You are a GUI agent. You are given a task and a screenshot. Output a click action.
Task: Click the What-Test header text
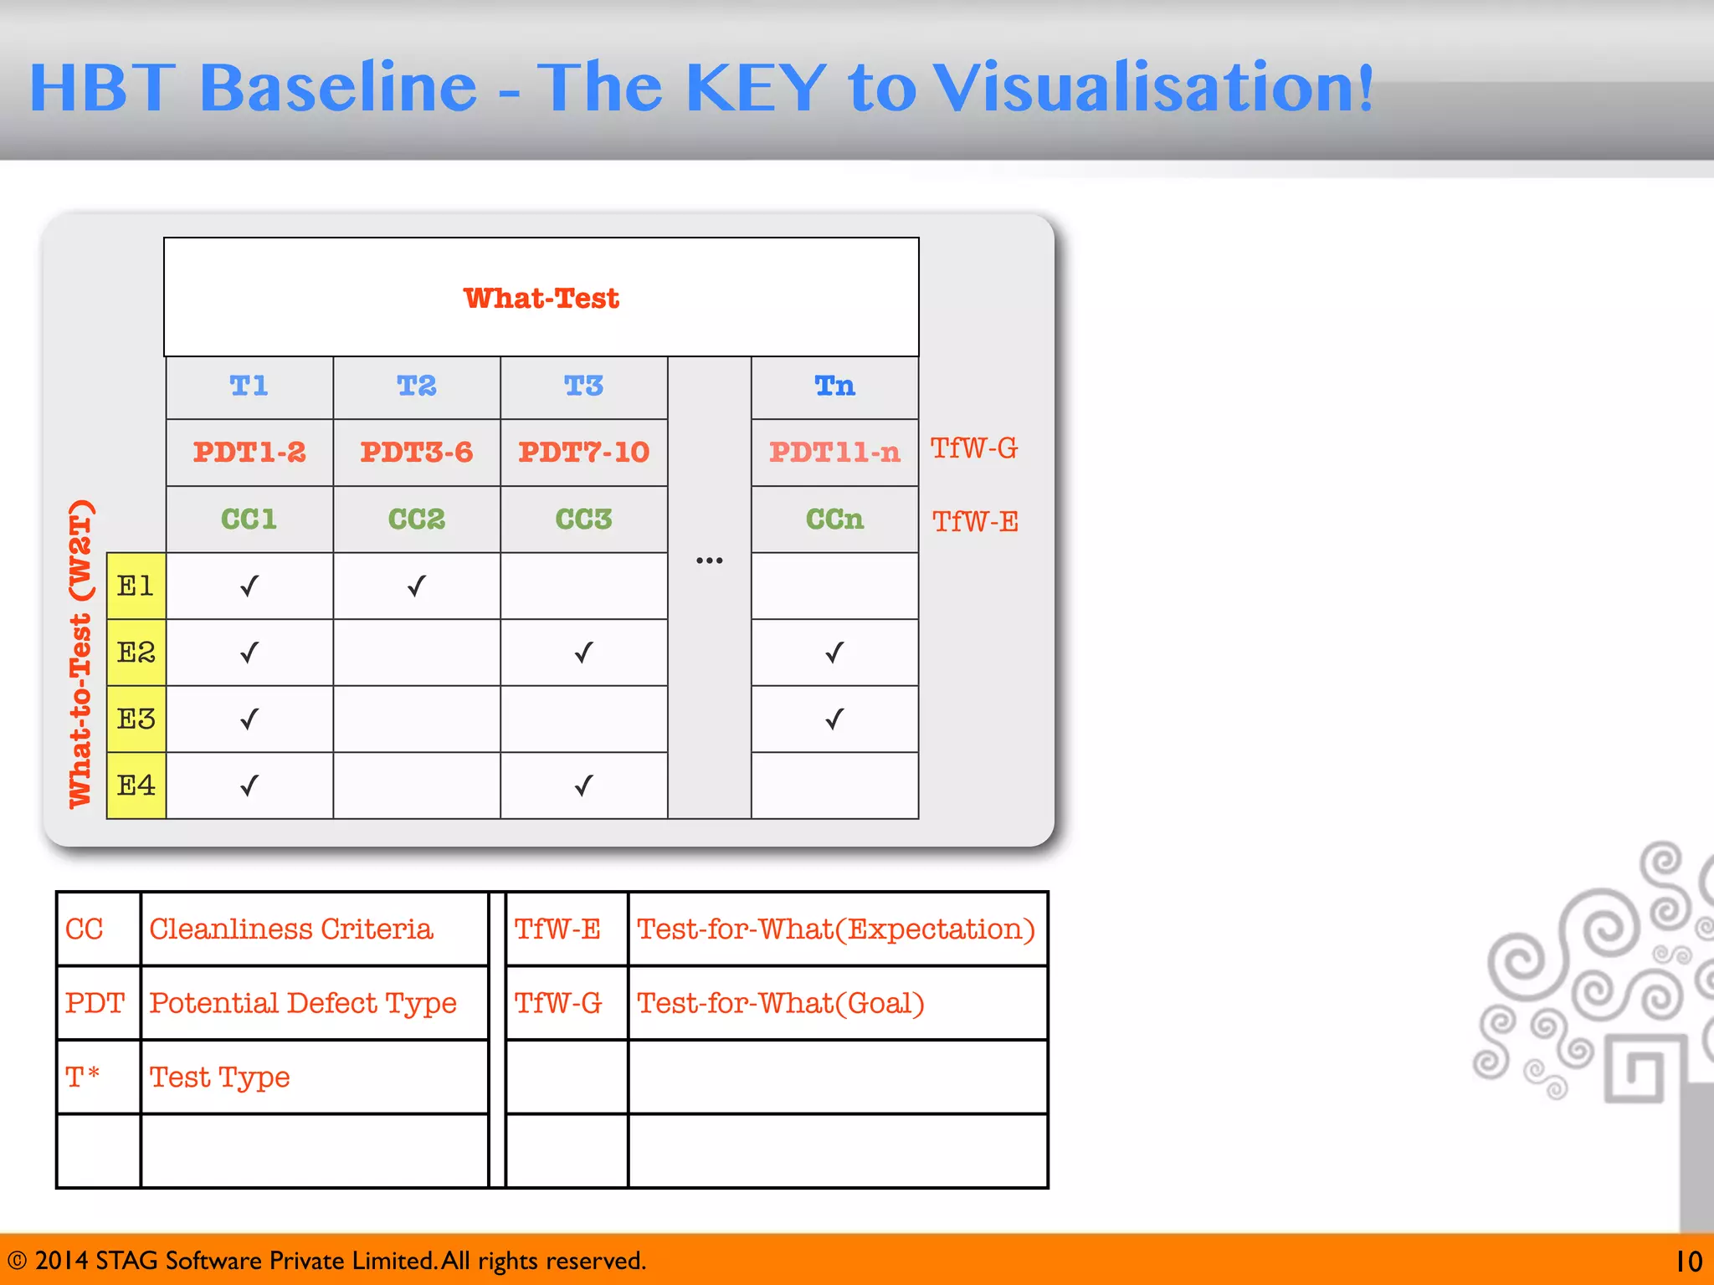(541, 298)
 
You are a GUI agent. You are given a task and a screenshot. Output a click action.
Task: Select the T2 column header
(416, 386)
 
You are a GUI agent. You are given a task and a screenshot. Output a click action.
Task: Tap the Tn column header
(834, 386)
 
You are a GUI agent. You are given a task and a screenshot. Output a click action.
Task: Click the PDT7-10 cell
(583, 452)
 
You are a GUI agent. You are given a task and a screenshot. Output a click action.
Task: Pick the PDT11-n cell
(834, 452)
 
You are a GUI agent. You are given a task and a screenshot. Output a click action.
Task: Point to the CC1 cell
(249, 519)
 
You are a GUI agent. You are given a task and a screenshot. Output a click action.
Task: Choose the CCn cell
(834, 519)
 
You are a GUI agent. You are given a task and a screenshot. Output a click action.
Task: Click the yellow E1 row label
(136, 586)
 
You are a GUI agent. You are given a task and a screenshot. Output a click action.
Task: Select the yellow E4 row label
(136, 786)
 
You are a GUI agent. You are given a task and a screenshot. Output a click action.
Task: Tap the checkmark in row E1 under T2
(416, 586)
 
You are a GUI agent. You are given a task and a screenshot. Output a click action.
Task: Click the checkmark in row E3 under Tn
(834, 719)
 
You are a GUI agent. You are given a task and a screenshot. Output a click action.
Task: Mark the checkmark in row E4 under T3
(583, 786)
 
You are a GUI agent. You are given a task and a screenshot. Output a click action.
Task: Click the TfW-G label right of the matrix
(974, 448)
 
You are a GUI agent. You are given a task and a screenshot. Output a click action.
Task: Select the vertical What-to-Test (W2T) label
(80, 654)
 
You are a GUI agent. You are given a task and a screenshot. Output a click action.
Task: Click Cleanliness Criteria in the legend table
(290, 929)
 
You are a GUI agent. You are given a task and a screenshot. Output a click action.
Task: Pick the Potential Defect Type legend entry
(302, 1002)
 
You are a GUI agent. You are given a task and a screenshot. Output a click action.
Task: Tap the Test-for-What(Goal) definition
(780, 1002)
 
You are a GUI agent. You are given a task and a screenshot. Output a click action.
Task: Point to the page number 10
(1688, 1261)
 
